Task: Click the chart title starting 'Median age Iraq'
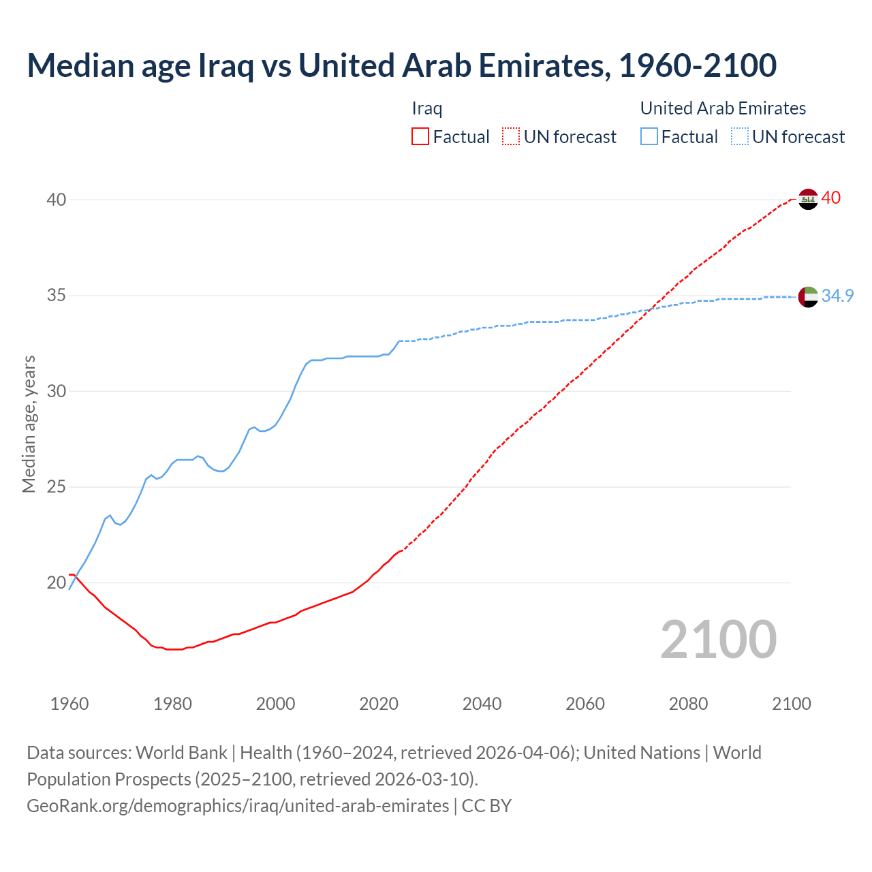click(x=401, y=65)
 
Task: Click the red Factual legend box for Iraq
click(x=420, y=137)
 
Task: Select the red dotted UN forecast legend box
click(x=511, y=137)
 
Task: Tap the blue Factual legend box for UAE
click(x=649, y=137)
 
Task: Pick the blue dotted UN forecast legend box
click(x=740, y=137)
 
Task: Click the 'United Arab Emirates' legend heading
click(x=723, y=108)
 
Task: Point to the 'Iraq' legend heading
click(x=427, y=108)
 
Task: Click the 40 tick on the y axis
click(x=57, y=200)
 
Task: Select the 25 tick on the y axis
click(x=57, y=487)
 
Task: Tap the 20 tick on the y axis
click(x=57, y=582)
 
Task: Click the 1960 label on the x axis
click(x=69, y=704)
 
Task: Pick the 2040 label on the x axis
click(x=482, y=704)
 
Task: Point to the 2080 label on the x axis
click(x=688, y=704)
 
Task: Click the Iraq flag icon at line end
click(x=808, y=199)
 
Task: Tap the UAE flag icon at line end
click(x=808, y=296)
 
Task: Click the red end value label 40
click(x=831, y=198)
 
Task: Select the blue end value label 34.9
click(x=837, y=296)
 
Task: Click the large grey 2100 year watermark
click(x=718, y=639)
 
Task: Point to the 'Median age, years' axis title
click(x=29, y=424)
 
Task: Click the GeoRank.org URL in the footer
click(x=238, y=806)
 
